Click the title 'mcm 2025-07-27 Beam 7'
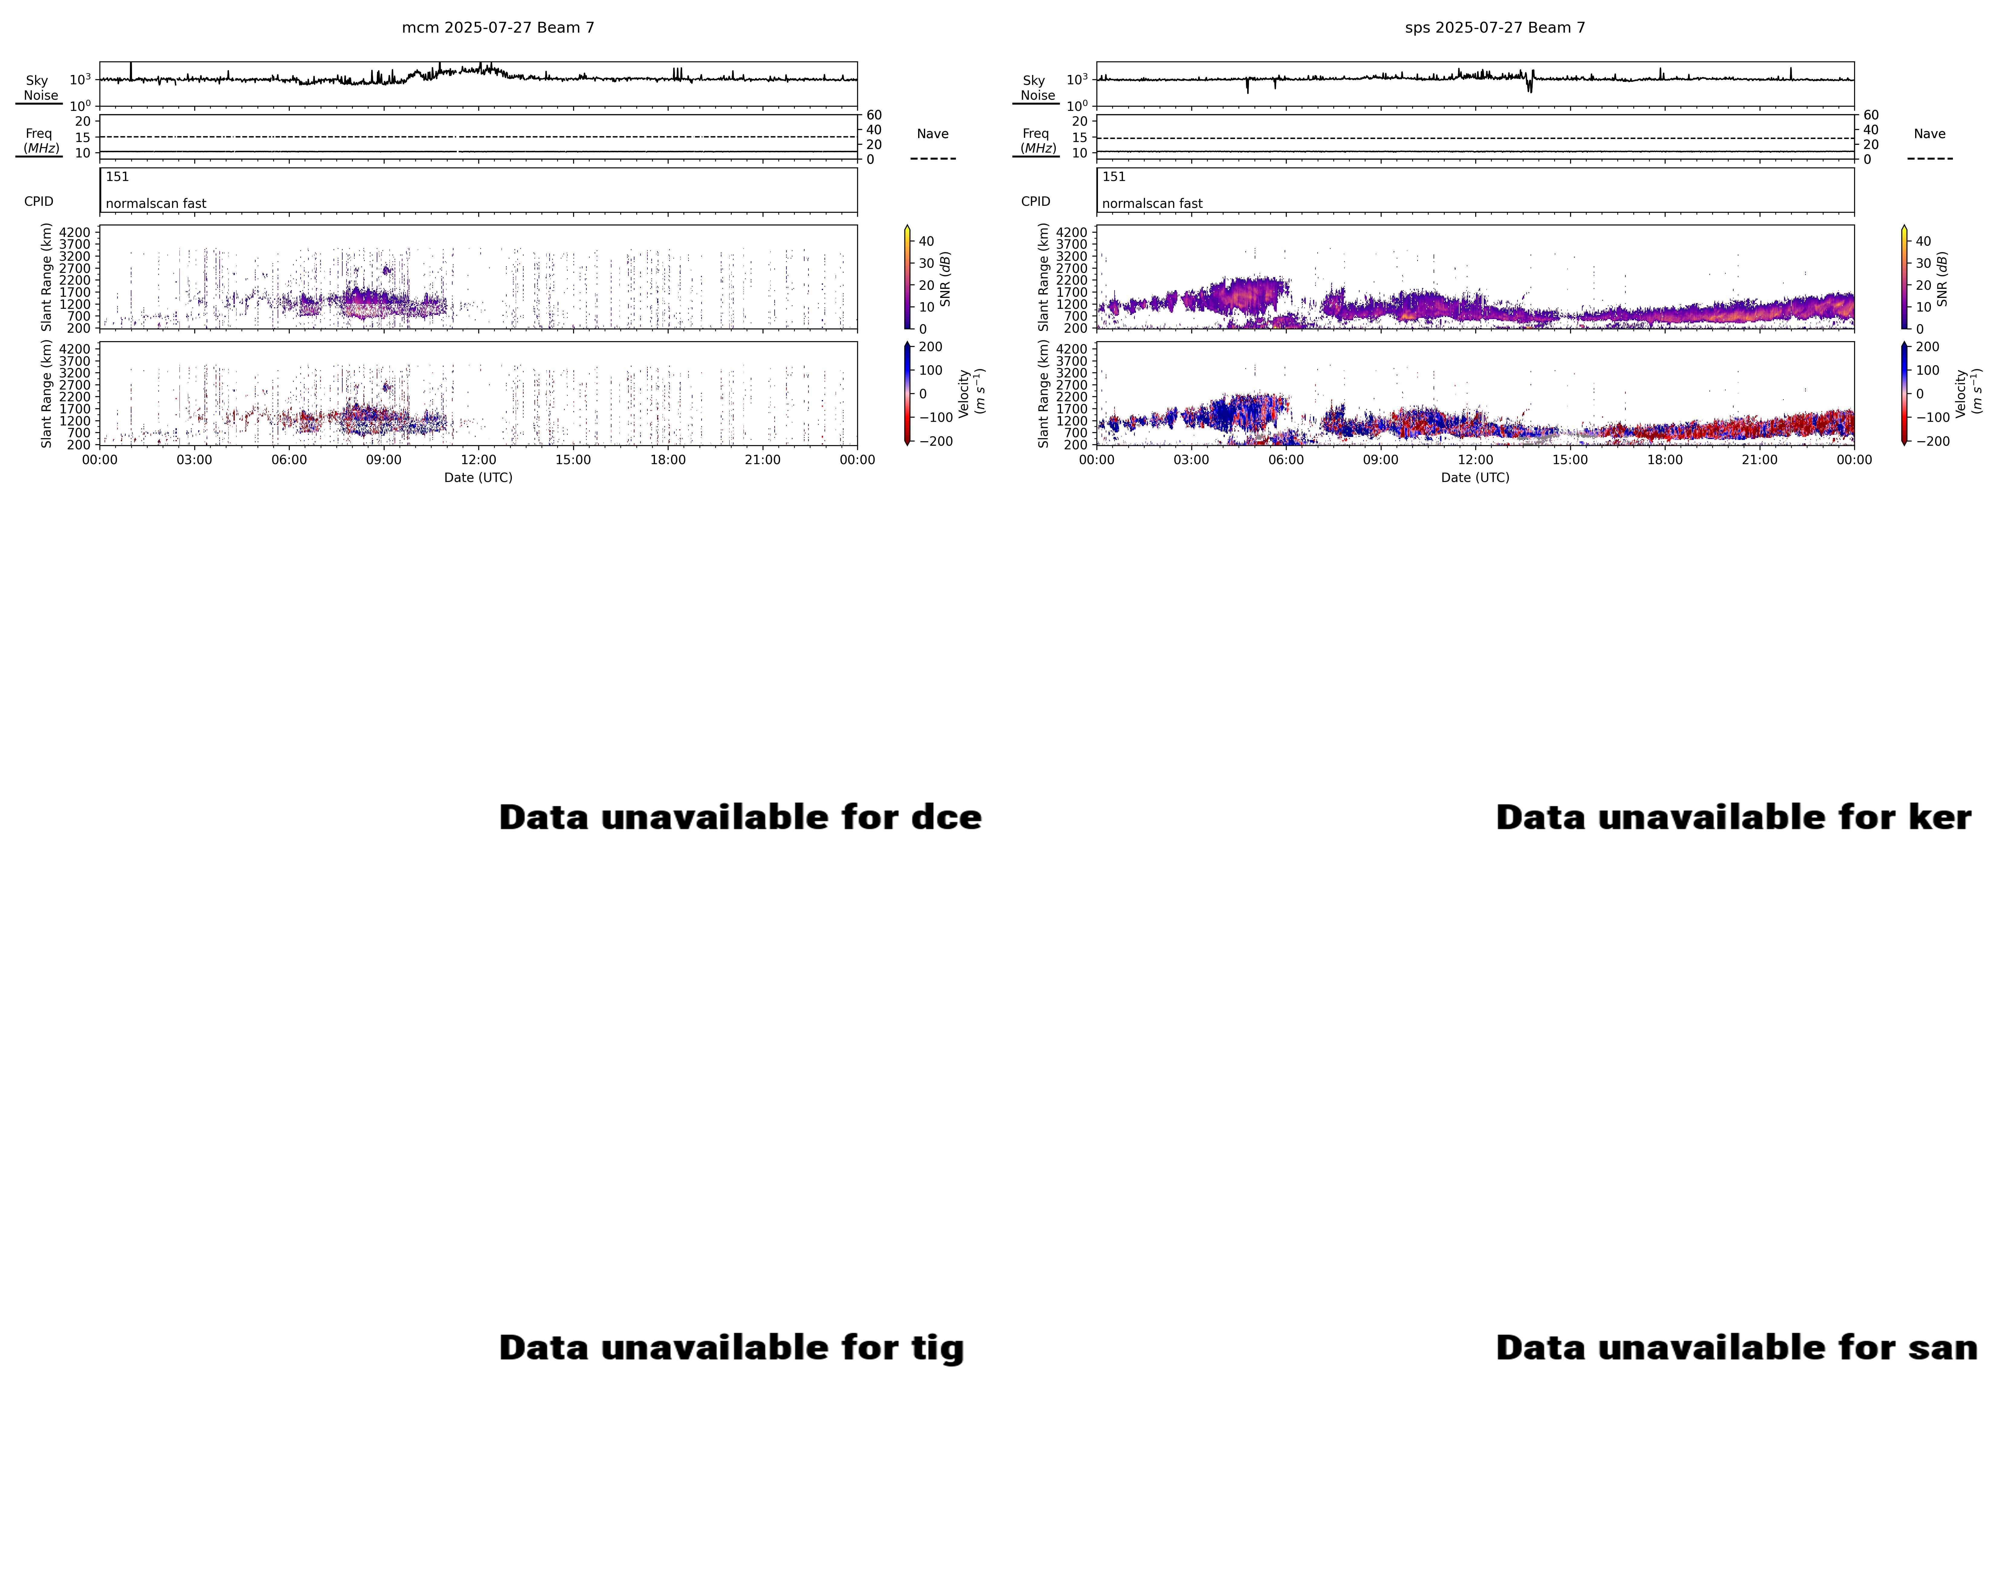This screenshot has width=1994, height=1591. [x=498, y=28]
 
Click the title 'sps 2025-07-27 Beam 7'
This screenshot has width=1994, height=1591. [x=1495, y=28]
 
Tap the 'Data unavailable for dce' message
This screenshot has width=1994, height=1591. [x=740, y=817]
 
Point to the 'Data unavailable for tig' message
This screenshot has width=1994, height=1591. [x=731, y=1347]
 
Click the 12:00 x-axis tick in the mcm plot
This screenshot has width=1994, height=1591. [x=478, y=460]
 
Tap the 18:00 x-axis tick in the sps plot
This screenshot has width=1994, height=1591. [x=1665, y=460]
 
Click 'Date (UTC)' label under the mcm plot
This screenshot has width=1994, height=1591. [x=478, y=477]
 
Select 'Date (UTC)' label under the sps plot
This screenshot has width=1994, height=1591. [x=1475, y=477]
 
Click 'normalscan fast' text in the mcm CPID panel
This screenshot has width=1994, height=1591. [x=155, y=203]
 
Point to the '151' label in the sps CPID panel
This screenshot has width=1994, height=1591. [x=1114, y=177]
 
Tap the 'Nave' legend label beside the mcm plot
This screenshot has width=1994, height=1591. [x=932, y=134]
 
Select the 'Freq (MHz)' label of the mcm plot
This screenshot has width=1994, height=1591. [x=40, y=141]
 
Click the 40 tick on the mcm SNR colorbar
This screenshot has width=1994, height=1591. [x=926, y=241]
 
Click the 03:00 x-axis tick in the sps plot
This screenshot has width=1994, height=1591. [x=1191, y=460]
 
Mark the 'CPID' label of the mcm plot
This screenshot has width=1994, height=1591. [x=39, y=202]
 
